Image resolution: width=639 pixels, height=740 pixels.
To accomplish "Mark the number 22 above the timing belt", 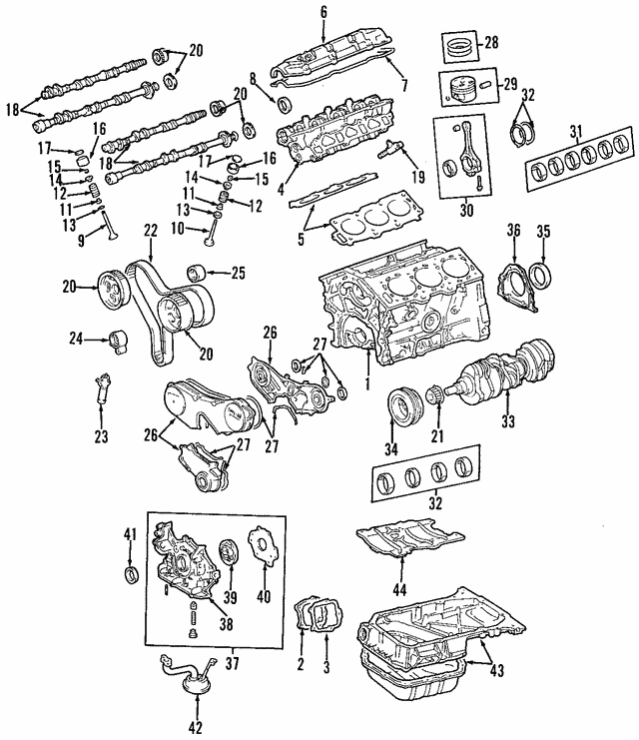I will coord(150,232).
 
